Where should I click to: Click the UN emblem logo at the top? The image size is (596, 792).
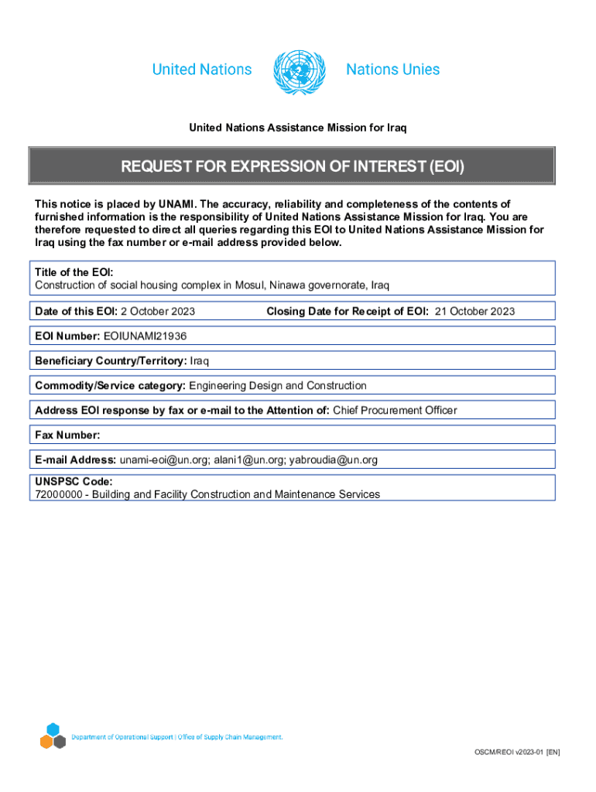tap(299, 71)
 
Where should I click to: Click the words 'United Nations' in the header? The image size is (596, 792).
tap(202, 70)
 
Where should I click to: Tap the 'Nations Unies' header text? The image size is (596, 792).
tap(392, 70)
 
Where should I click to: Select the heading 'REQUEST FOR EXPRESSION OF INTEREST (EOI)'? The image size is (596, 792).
tap(292, 166)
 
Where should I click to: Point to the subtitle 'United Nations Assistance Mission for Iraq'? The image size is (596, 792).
tap(298, 127)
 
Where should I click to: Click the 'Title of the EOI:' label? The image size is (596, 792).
tap(74, 273)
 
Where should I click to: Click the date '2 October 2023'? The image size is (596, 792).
tap(157, 312)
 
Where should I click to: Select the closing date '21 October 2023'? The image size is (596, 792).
tap(474, 312)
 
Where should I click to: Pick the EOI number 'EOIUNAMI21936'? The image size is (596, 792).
tap(145, 336)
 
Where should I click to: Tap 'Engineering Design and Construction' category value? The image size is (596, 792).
tap(278, 386)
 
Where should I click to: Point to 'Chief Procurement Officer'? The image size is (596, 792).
tap(395, 411)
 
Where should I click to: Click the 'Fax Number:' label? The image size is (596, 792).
tap(67, 435)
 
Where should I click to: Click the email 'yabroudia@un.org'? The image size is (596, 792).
tap(334, 460)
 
